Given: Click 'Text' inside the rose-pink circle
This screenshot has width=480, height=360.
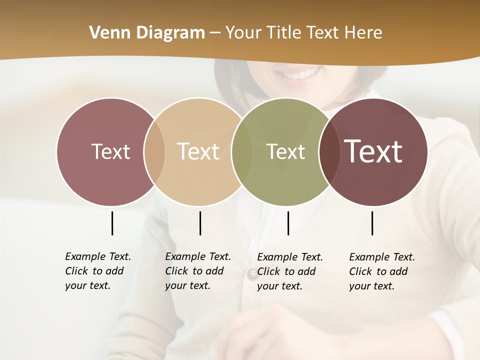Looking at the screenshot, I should point(110,151).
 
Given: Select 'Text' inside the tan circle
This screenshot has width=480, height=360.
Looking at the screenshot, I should point(198,151).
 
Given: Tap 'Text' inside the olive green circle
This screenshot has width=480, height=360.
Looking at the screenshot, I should point(285,151).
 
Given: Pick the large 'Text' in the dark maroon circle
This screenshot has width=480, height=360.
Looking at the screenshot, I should point(373,151).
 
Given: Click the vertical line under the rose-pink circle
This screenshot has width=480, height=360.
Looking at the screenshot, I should point(112,223).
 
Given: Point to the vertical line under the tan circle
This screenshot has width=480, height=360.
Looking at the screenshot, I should point(200,223).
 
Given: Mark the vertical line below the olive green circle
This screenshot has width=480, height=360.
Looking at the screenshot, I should point(288,223).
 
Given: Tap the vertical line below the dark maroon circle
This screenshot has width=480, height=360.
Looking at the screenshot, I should point(372,223).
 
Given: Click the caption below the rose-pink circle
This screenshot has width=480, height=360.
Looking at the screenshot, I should point(98,271).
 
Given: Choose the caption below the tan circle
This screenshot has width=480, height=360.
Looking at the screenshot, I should point(198,271).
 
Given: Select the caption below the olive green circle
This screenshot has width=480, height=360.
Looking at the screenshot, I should point(290,271).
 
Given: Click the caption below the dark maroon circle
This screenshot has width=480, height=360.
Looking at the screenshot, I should point(382,271).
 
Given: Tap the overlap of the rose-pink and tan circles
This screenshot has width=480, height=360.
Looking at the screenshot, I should point(154,151).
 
